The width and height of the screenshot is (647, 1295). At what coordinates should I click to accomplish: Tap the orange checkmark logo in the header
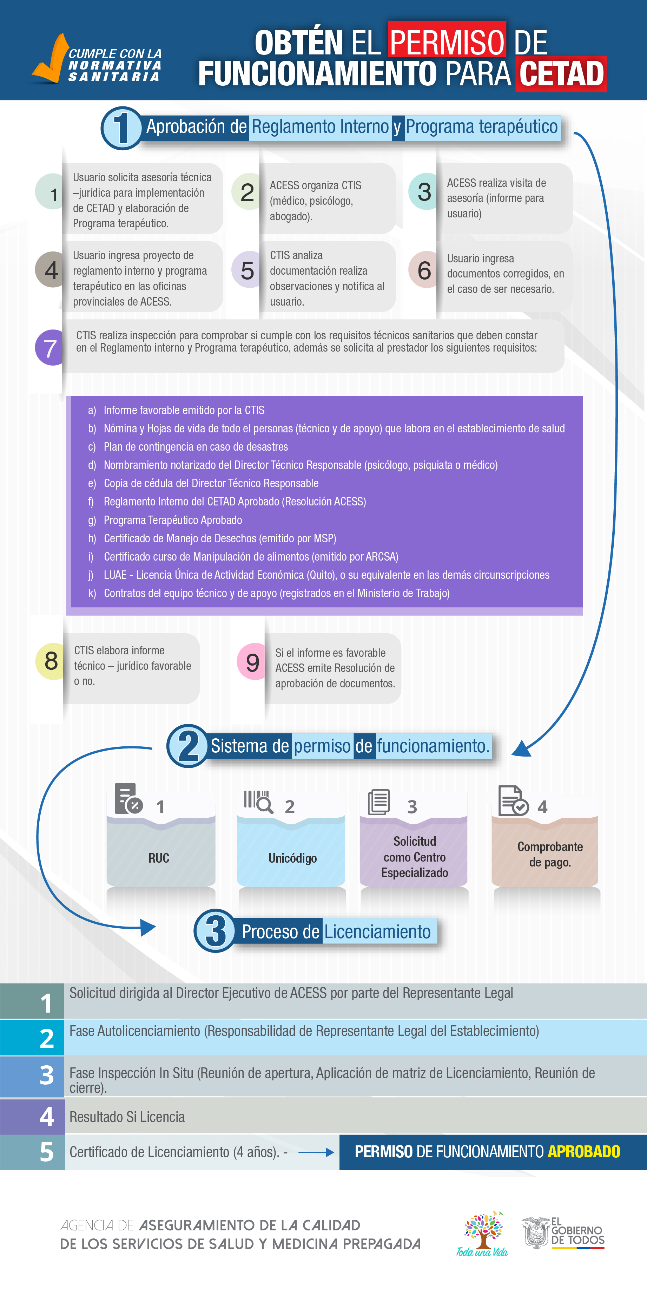[x=50, y=58]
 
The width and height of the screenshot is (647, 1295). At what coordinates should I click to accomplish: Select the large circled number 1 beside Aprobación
[x=121, y=128]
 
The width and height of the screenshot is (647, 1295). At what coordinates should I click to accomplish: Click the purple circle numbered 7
[x=49, y=347]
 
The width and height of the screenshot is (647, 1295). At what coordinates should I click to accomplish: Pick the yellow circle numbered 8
[x=50, y=661]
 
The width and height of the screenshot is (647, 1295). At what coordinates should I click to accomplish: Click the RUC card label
[x=159, y=858]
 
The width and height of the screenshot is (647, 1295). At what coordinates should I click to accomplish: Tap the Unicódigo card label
[x=292, y=858]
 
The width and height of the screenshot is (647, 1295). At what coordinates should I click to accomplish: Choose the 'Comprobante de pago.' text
[x=550, y=854]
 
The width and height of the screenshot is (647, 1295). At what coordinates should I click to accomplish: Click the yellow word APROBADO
[x=584, y=1152]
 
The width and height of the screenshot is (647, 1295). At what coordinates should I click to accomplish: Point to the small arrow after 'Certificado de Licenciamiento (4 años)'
[x=316, y=1152]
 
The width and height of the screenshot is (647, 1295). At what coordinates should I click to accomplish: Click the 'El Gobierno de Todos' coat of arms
[x=536, y=1233]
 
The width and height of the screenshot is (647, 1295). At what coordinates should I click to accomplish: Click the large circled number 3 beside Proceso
[x=215, y=931]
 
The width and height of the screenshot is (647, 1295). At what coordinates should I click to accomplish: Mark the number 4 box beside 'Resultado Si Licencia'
[x=32, y=1117]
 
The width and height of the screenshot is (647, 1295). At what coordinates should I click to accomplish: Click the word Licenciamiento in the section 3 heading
[x=377, y=931]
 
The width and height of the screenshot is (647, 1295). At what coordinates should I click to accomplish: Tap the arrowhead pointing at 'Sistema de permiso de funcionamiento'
[x=522, y=748]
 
